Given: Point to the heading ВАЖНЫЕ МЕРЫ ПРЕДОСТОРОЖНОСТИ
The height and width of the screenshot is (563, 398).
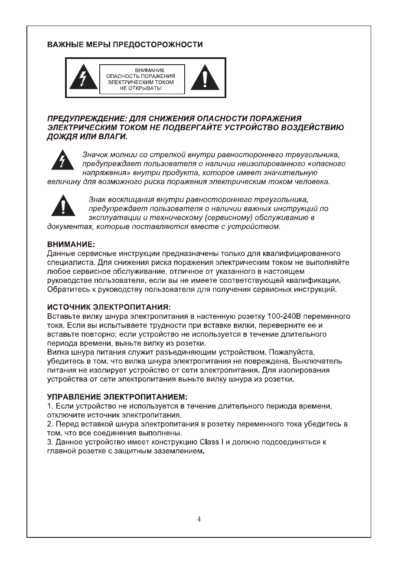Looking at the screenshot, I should pos(124,45).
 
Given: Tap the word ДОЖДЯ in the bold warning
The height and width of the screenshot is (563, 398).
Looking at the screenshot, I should pos(61,136).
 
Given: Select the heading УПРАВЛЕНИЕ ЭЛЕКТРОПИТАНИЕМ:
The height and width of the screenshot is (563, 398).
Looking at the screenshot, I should pos(117,397).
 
